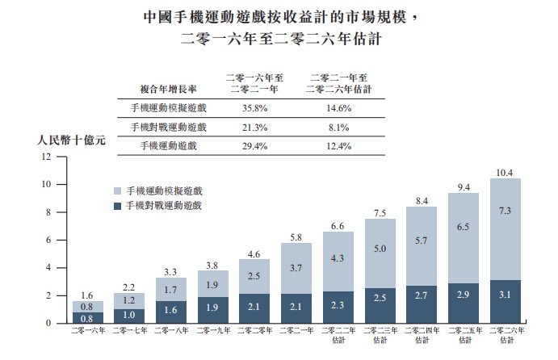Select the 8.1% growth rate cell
tap(338, 126)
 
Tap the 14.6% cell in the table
tap(338, 107)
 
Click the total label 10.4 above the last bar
tap(505, 172)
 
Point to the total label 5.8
tap(296, 237)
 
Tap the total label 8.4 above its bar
tap(422, 200)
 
